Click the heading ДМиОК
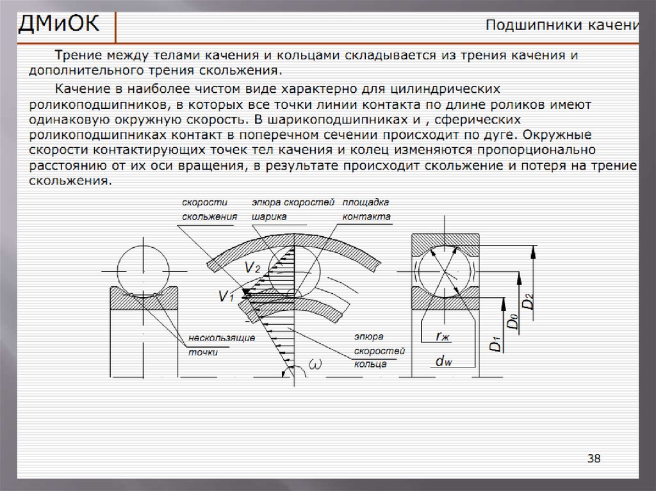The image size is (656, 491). [x=58, y=23]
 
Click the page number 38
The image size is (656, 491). [x=594, y=458]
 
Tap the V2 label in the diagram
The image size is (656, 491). [x=252, y=267]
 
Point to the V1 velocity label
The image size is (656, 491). [x=226, y=296]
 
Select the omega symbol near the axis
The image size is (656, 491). [x=315, y=364]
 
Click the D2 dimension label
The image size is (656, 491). [x=529, y=301]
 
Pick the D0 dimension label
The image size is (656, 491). [x=512, y=321]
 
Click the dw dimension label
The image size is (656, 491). [x=443, y=361]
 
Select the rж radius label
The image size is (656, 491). [x=443, y=336]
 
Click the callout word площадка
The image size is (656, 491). [x=366, y=202]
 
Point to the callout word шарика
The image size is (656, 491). [x=269, y=217]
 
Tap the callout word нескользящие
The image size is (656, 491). [x=222, y=338]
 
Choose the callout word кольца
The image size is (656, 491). [x=370, y=364]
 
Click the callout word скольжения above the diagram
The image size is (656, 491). [x=209, y=216]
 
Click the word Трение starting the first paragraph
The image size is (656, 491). [x=79, y=55]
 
